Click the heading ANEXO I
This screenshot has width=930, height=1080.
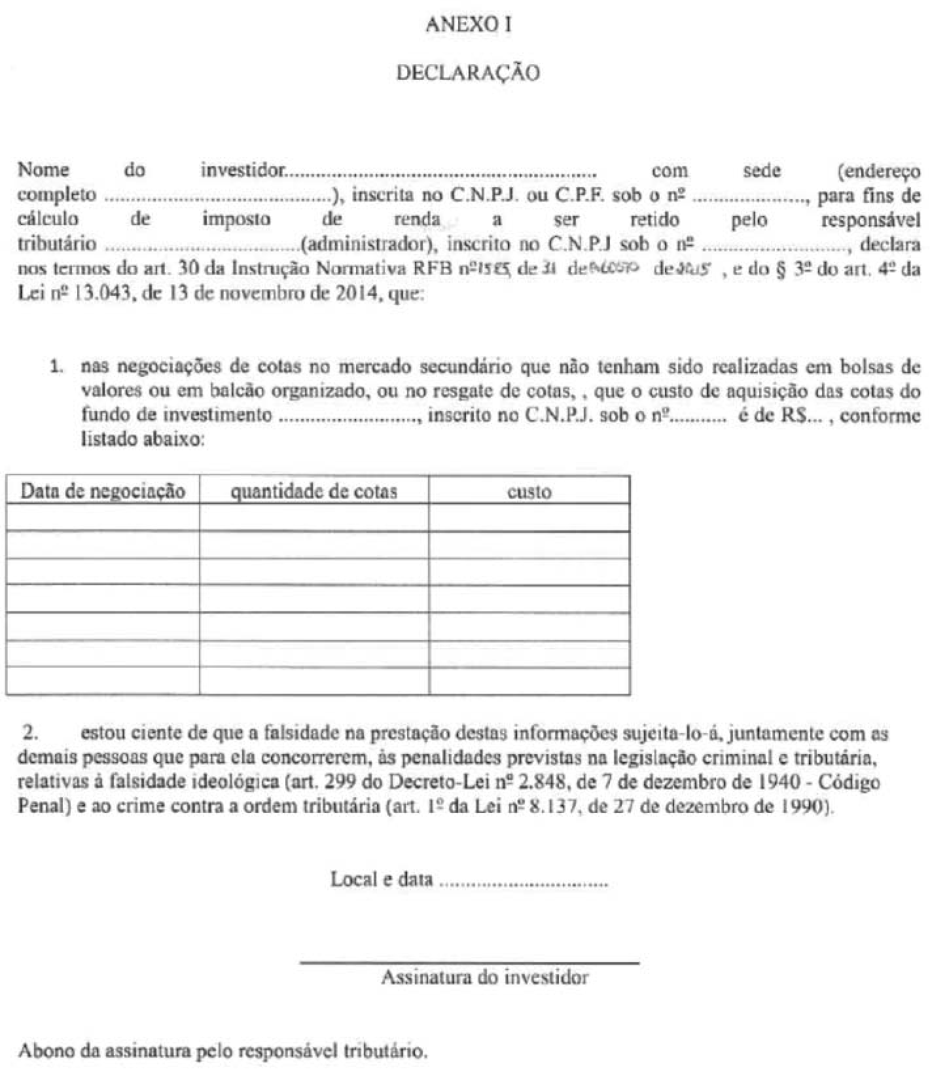coord(468,25)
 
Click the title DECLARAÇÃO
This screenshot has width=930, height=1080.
coord(468,73)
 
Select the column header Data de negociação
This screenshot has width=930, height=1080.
coord(103,491)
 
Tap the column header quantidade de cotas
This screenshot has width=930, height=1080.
coord(314,491)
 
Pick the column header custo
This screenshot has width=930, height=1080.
coord(529,492)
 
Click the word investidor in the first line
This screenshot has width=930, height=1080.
coord(243,170)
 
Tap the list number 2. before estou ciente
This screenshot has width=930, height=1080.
coord(31,734)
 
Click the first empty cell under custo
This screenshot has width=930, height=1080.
coord(529,518)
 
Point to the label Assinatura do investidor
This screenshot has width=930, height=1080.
coord(484,978)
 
